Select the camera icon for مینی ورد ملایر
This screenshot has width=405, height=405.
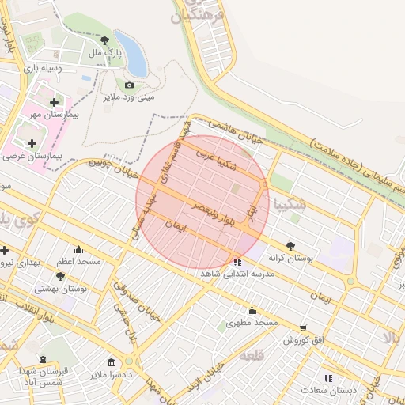pos(129,85)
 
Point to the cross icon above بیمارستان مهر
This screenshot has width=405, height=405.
pos(54,103)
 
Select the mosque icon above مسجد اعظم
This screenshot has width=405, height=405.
pos(78,249)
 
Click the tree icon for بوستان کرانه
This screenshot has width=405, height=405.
pos(290,246)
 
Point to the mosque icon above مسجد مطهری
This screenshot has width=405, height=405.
pos(252,311)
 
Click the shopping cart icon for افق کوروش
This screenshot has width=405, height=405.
pos(303,327)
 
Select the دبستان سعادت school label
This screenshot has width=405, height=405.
pos(332,390)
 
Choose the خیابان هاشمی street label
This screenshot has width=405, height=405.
pos(235,131)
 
